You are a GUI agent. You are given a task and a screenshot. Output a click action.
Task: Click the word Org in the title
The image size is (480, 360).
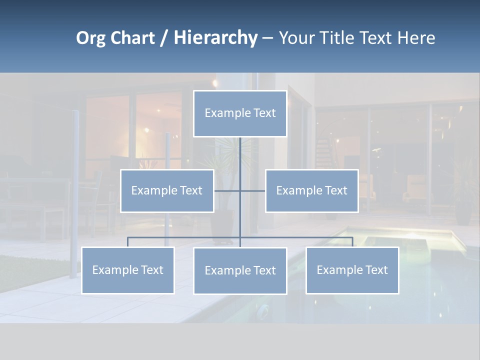(91, 38)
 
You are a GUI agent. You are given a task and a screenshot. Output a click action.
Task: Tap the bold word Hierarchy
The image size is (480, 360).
(215, 38)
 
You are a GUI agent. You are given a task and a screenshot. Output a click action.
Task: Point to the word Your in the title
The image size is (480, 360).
(295, 38)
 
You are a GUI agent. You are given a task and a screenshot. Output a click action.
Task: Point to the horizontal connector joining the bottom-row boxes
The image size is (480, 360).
(185, 237)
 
